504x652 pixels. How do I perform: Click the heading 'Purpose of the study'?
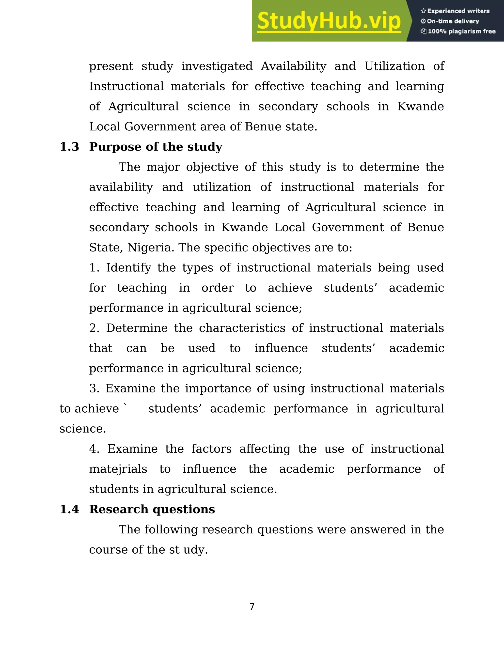coord(156,147)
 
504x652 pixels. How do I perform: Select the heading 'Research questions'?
coord(152,509)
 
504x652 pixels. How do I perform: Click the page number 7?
coord(252,607)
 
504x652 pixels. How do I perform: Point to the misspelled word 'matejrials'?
coord(118,469)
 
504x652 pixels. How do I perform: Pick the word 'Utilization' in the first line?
coord(394,66)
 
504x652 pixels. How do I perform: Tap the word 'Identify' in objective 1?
coord(128,267)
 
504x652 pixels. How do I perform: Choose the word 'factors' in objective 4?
coord(211,449)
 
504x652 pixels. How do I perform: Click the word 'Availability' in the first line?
coord(294,66)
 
